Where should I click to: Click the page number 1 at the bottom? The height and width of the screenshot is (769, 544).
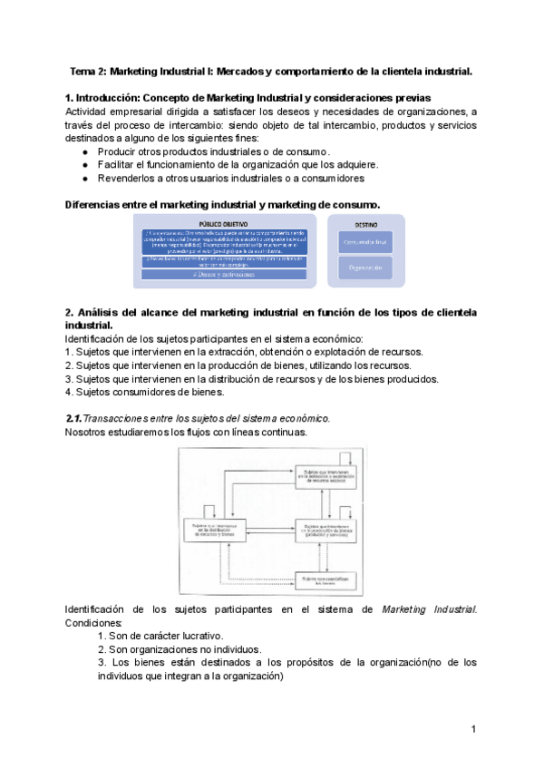(x=473, y=729)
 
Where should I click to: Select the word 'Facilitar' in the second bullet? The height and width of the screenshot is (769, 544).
(x=120, y=164)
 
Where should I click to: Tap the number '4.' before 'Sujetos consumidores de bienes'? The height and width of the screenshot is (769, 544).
(x=70, y=392)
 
